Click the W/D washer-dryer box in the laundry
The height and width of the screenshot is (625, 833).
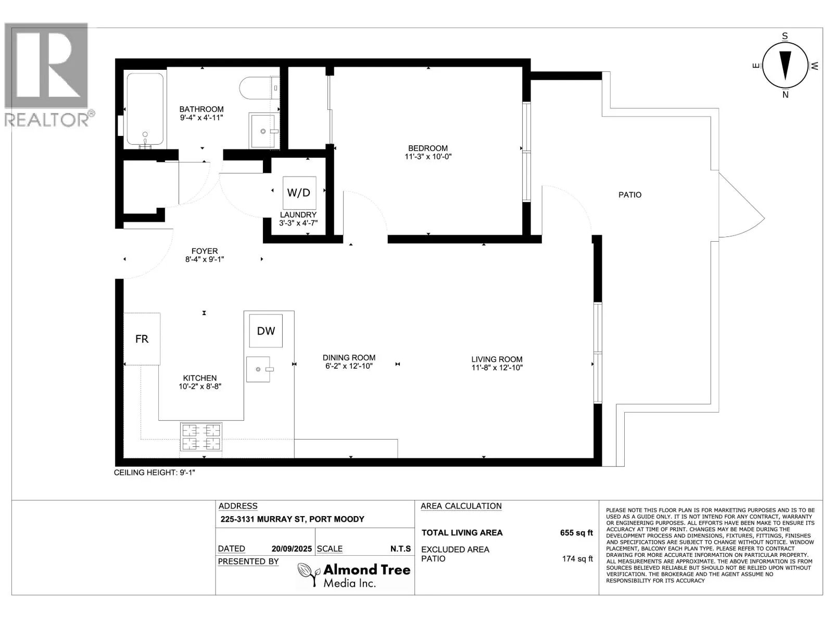pos(299,193)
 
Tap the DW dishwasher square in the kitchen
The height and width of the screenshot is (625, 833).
pos(266,331)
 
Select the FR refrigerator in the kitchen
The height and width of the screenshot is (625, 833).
pos(142,339)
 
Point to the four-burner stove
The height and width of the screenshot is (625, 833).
pos(201,437)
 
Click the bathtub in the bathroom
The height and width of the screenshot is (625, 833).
pos(145,109)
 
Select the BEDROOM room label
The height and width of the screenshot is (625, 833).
pos(428,148)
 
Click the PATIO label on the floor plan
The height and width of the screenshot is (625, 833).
pos(629,195)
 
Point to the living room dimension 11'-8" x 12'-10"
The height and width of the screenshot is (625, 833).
pos(497,368)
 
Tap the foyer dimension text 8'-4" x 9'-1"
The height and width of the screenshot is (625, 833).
pos(205,259)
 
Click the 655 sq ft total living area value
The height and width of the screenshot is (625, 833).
pos(576,533)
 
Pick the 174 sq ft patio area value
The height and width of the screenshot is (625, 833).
pos(577,558)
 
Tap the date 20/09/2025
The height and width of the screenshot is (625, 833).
pos(292,549)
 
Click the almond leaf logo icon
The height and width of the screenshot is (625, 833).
pos(309,574)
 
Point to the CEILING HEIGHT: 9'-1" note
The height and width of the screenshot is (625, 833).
pos(155,472)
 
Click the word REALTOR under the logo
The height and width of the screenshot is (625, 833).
pos(47,120)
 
